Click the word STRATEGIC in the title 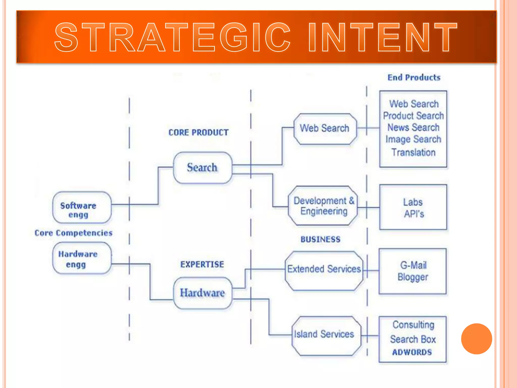point(172,37)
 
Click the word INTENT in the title point(382,37)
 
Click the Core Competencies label point(73,233)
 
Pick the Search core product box point(202,168)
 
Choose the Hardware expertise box point(202,293)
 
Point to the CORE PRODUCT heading point(198,132)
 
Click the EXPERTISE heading point(202,264)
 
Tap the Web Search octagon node point(325,129)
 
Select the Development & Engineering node point(324,206)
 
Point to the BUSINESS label point(320,239)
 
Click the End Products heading point(414,77)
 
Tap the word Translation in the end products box point(413,152)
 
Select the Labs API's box point(413,207)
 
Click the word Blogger point(413,277)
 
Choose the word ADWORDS point(412,352)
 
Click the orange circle point(476,339)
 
